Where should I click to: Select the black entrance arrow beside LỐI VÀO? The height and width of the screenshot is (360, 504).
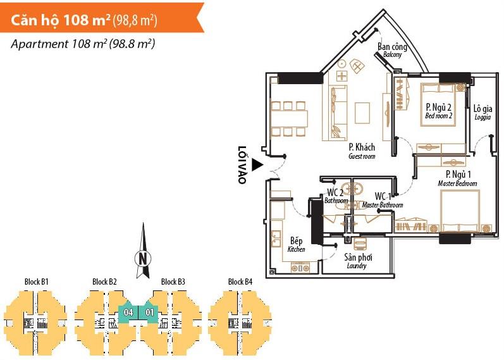pos(256,165)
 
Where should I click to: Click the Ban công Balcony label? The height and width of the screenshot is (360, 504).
pos(391,50)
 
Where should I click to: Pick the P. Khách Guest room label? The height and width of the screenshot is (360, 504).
pos(362,151)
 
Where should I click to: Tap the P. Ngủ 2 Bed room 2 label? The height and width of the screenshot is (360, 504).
pos(439,111)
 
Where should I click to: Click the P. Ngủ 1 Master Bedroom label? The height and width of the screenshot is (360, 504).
pos(457,178)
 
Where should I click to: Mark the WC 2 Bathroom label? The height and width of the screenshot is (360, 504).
pos(336,196)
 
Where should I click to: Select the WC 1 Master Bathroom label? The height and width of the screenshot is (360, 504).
pos(383,200)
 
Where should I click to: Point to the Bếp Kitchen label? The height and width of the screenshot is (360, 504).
pos(296,245)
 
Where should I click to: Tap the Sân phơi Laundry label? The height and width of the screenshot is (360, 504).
pos(357,261)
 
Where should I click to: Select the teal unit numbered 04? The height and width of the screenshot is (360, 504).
pos(128,312)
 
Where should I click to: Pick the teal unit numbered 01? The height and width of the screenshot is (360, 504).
pos(150,312)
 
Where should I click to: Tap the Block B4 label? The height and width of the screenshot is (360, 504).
pos(240,282)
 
